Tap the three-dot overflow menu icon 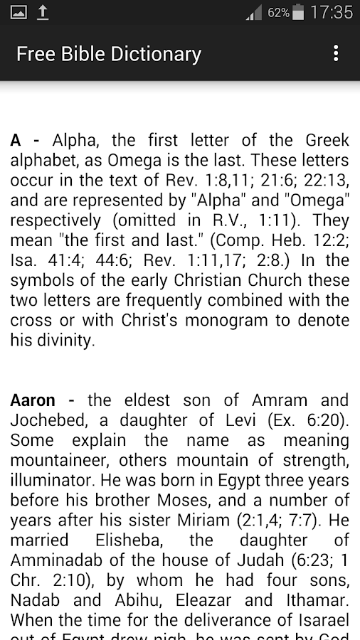tap(336, 53)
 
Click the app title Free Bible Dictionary tap(109, 54)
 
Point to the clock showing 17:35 tap(332, 12)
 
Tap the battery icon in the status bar tap(298, 12)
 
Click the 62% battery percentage tap(278, 13)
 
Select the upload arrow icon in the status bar tap(43, 12)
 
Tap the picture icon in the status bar tap(18, 12)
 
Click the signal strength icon tap(253, 12)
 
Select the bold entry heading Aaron tap(33, 400)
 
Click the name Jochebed tap(48, 420)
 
